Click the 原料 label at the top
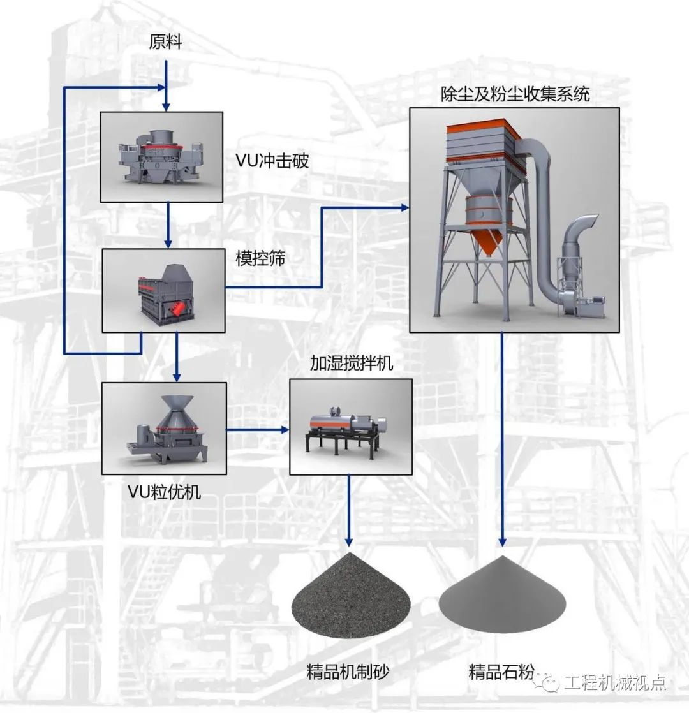166,43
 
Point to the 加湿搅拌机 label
351,364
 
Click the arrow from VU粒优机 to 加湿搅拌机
258,429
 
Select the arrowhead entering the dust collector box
403,207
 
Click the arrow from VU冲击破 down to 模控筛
168,226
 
